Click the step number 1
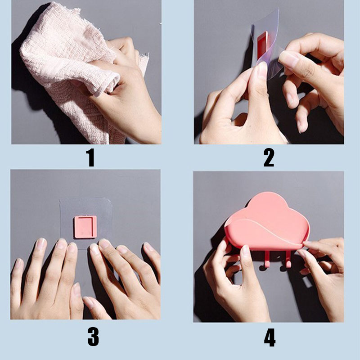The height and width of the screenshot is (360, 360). tap(91, 157)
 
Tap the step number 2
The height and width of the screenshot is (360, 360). tap(269, 157)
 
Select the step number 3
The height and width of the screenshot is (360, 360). tap(93, 337)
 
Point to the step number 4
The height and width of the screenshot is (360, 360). tap(270, 337)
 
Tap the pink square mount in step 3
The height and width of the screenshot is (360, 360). tap(85, 227)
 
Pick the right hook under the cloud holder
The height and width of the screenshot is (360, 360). tap(286, 260)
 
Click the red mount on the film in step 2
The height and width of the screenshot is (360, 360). tap(262, 46)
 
